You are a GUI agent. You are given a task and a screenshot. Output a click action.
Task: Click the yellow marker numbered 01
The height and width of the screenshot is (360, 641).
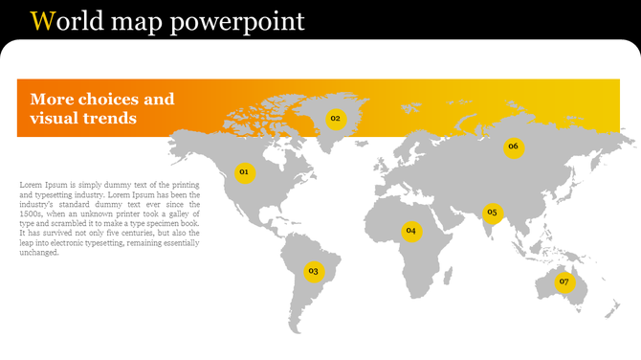[x=244, y=172]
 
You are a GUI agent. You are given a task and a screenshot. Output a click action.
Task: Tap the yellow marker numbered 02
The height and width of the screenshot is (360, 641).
[x=335, y=119]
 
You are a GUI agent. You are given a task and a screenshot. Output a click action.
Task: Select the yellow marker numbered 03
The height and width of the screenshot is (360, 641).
[x=313, y=272]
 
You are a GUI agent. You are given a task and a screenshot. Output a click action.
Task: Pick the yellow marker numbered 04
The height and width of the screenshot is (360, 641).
[x=410, y=231]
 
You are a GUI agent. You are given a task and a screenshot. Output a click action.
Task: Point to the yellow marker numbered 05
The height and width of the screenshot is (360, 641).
[x=493, y=213]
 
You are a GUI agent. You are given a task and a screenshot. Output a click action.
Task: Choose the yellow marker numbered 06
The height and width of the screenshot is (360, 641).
[x=514, y=146]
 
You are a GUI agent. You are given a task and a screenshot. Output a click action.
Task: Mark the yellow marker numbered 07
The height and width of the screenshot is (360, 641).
[x=564, y=281]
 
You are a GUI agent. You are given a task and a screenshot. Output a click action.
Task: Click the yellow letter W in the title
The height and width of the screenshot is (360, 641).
[x=41, y=20]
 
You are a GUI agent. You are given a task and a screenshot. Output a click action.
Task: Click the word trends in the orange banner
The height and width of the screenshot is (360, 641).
[x=110, y=119]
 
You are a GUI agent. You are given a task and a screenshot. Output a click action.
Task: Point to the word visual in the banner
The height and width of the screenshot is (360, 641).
[x=54, y=119]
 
